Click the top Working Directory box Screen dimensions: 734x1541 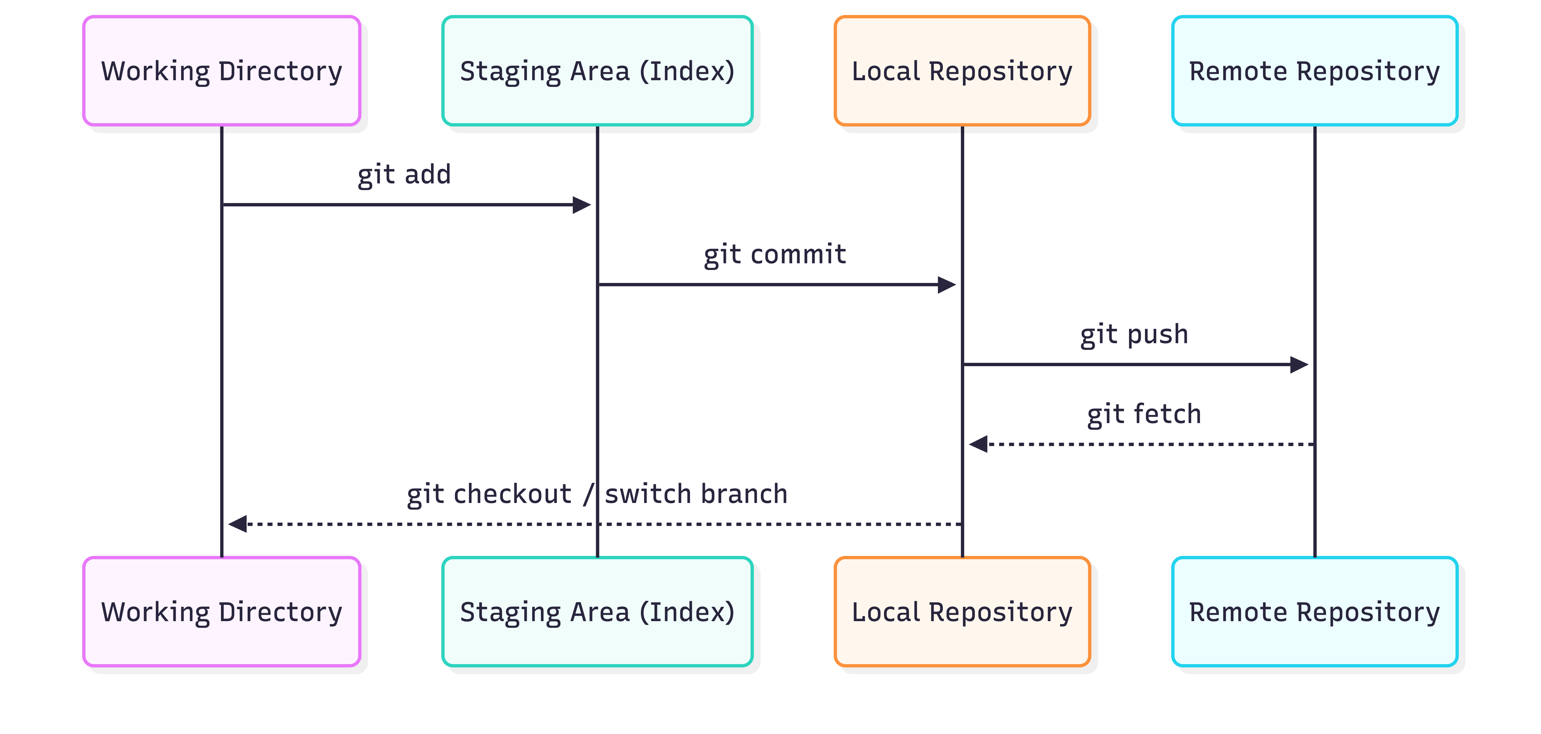pyautogui.click(x=221, y=71)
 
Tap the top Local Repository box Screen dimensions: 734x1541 pyautogui.click(x=962, y=71)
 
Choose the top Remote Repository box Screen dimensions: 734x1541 pyautogui.click(x=1314, y=71)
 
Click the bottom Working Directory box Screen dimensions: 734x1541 pyautogui.click(x=221, y=612)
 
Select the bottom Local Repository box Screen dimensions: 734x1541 pyautogui.click(x=962, y=612)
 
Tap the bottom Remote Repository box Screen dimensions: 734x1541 pyautogui.click(x=1314, y=612)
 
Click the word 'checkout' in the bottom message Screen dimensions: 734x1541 pyautogui.click(x=512, y=494)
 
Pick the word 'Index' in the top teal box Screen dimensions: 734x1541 pyautogui.click(x=687, y=71)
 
